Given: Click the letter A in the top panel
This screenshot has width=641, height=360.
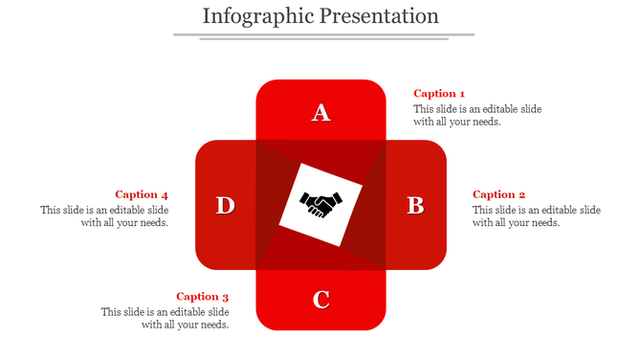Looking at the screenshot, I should pos(321,113).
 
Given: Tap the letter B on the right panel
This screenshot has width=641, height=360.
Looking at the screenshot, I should pos(415,205).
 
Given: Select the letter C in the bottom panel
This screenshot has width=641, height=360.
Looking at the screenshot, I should pos(321,300).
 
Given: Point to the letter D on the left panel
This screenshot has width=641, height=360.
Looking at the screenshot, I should pos(225,205).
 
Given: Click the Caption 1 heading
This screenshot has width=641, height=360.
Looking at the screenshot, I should pos(439,94).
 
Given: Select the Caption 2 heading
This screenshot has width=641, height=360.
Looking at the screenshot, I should pos(499,194).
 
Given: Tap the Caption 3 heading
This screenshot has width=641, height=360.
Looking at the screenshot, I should pos(203,297).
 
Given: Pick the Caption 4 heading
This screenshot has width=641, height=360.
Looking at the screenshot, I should pos(142,194).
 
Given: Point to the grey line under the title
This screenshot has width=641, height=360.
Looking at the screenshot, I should pos(323,35).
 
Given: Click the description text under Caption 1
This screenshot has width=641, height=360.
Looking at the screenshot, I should pos(477,115).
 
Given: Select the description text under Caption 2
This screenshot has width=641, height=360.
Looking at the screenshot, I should pos(537,216).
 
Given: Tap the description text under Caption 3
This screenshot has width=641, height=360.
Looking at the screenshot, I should pos(166,318).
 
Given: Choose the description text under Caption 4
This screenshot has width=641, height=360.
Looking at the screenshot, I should pos(104,216).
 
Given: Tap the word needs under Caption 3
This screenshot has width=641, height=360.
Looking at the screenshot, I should pos(211,325).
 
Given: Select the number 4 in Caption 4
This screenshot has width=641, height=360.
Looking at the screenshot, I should pos(165,194).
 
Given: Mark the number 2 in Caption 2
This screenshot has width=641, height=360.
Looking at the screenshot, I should pos(521,194).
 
